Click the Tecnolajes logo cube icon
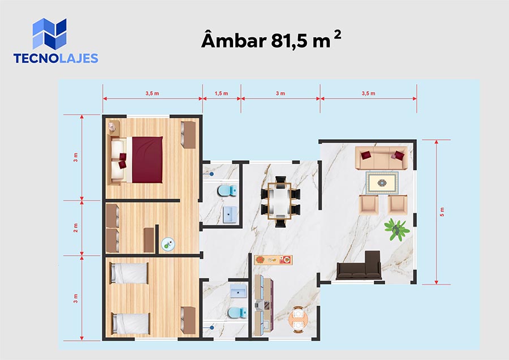click(49, 34)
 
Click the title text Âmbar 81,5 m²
click(271, 40)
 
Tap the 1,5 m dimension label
click(221, 93)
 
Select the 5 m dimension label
click(442, 212)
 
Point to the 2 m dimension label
click(76, 228)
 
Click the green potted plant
click(396, 229)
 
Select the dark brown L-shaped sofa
click(359, 265)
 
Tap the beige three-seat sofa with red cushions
click(381, 157)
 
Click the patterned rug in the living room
click(382, 183)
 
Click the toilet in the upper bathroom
click(227, 191)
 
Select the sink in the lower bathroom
click(238, 290)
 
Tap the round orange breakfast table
click(298, 319)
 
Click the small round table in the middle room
click(168, 244)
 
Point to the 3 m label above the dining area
click(281, 93)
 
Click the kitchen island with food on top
click(273, 260)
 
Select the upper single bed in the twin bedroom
click(129, 273)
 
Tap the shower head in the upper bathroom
click(212, 174)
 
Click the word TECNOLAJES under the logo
click(56, 58)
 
